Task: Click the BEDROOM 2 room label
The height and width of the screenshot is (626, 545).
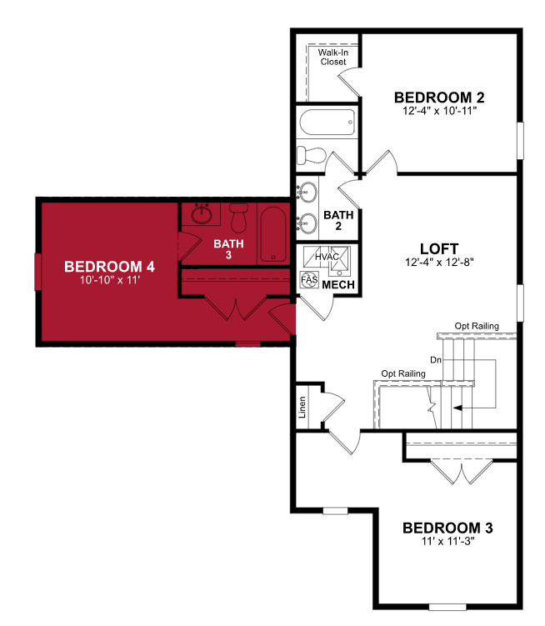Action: coord(439,98)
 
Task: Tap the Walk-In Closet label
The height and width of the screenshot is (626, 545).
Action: coord(333,57)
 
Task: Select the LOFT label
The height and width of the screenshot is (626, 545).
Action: coord(439,248)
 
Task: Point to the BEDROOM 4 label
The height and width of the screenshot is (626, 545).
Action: coord(109,266)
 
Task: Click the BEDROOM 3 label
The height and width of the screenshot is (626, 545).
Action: coord(447,528)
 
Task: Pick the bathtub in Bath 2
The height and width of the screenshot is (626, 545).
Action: coord(327,123)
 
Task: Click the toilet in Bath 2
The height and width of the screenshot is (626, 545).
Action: coord(312,155)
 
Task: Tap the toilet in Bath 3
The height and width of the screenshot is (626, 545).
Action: coord(239,218)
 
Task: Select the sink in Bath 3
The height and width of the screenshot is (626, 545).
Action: coord(201,214)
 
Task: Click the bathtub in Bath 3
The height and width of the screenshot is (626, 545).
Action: coord(273,234)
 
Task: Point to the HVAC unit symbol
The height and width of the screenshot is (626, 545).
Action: coord(327,257)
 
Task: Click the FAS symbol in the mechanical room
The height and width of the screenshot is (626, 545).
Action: coord(309,280)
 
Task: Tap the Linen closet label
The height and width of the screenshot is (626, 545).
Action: coord(302,408)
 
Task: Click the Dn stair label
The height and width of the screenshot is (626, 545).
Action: coord(436,360)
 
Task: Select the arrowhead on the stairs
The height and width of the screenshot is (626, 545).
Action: coord(457,408)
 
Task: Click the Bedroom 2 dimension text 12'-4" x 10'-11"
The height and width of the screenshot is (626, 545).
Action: coord(439,111)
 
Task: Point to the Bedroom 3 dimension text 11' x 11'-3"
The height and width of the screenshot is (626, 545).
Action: coord(447,541)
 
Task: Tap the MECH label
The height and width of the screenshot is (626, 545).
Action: coord(338,284)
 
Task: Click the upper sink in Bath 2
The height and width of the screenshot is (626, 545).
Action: coord(307,192)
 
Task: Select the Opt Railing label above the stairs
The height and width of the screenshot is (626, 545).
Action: coord(477,326)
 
